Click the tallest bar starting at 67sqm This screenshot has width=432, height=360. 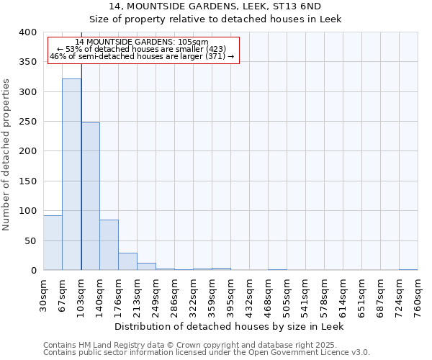point(71,174)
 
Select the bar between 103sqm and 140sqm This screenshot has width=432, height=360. point(90,197)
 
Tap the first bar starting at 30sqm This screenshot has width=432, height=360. point(53,243)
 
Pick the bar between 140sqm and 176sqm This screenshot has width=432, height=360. point(109,245)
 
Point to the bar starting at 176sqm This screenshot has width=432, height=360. point(127,261)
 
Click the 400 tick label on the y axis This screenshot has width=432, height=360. point(28,32)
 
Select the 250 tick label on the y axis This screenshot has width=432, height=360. point(28,122)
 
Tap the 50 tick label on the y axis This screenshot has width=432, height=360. point(31,240)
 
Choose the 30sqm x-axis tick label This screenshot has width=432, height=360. point(43,294)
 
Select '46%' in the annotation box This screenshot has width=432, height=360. point(58,56)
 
